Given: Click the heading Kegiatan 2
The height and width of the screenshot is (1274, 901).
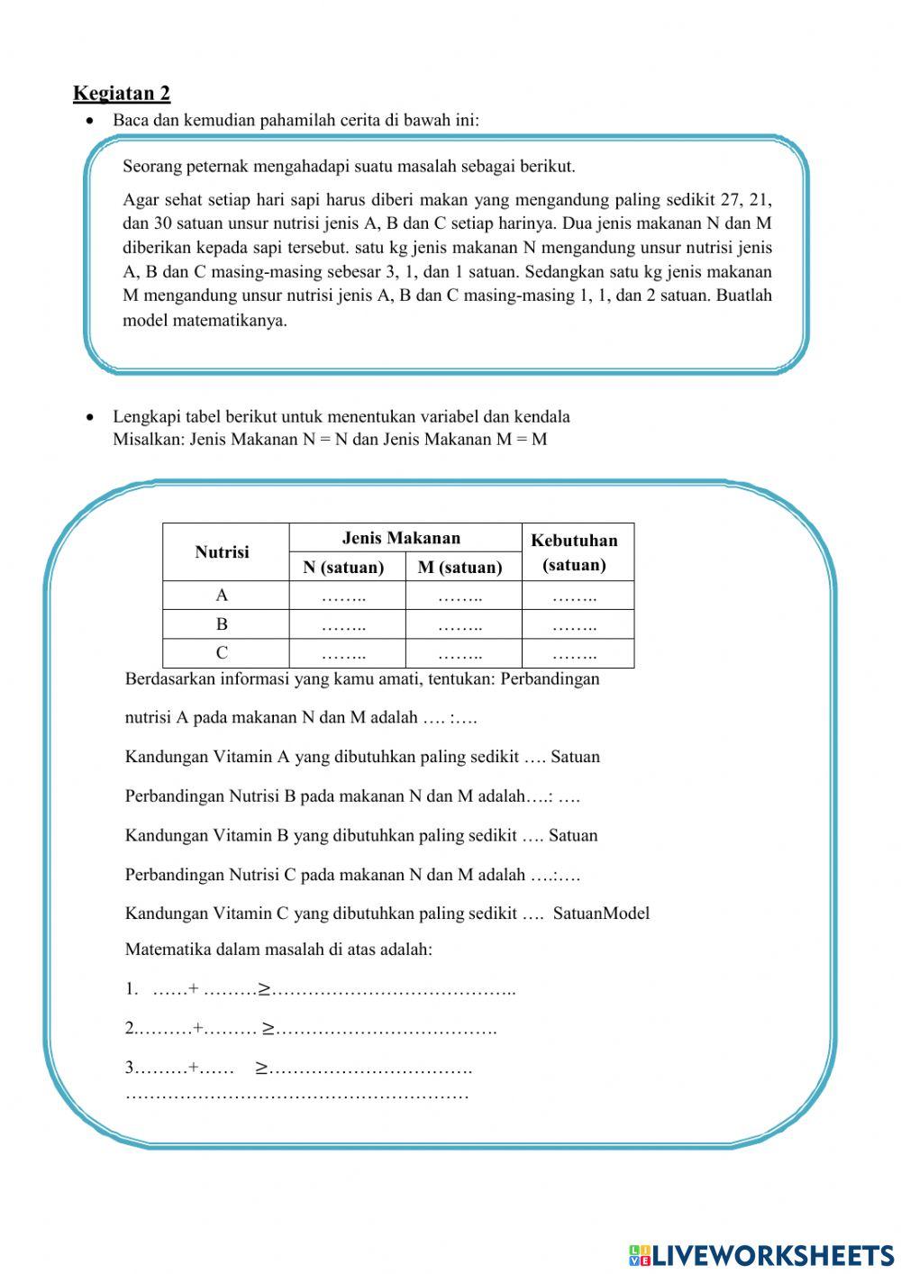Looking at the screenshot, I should [x=122, y=93].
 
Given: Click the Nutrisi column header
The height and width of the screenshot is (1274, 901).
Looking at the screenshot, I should [x=222, y=552].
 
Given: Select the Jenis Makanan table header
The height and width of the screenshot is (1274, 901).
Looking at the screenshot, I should [x=401, y=538].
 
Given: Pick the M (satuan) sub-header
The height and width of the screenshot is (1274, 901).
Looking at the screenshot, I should [x=460, y=567].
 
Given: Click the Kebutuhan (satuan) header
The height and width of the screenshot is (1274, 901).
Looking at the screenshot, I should [x=574, y=552].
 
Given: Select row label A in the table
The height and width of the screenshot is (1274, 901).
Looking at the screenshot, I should [x=222, y=596].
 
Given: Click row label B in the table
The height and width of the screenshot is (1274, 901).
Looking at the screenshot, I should [x=222, y=623].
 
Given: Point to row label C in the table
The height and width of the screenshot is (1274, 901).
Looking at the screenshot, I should [x=222, y=653].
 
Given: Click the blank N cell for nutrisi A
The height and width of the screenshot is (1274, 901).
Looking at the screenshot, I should [x=343, y=596].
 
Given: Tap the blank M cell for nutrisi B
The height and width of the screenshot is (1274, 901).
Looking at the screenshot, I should [x=460, y=624].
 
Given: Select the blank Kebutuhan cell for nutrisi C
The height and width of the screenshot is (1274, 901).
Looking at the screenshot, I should [x=574, y=654].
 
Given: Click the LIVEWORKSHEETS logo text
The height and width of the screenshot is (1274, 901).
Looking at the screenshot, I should [x=771, y=1254].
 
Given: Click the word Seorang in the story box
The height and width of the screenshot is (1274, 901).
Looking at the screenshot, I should [x=150, y=167].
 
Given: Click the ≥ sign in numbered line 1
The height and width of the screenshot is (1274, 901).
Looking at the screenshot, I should [x=265, y=989].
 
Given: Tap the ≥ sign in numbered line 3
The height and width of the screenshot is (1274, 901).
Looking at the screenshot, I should [x=261, y=1069].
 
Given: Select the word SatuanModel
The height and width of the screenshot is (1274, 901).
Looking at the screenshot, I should [x=601, y=914].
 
